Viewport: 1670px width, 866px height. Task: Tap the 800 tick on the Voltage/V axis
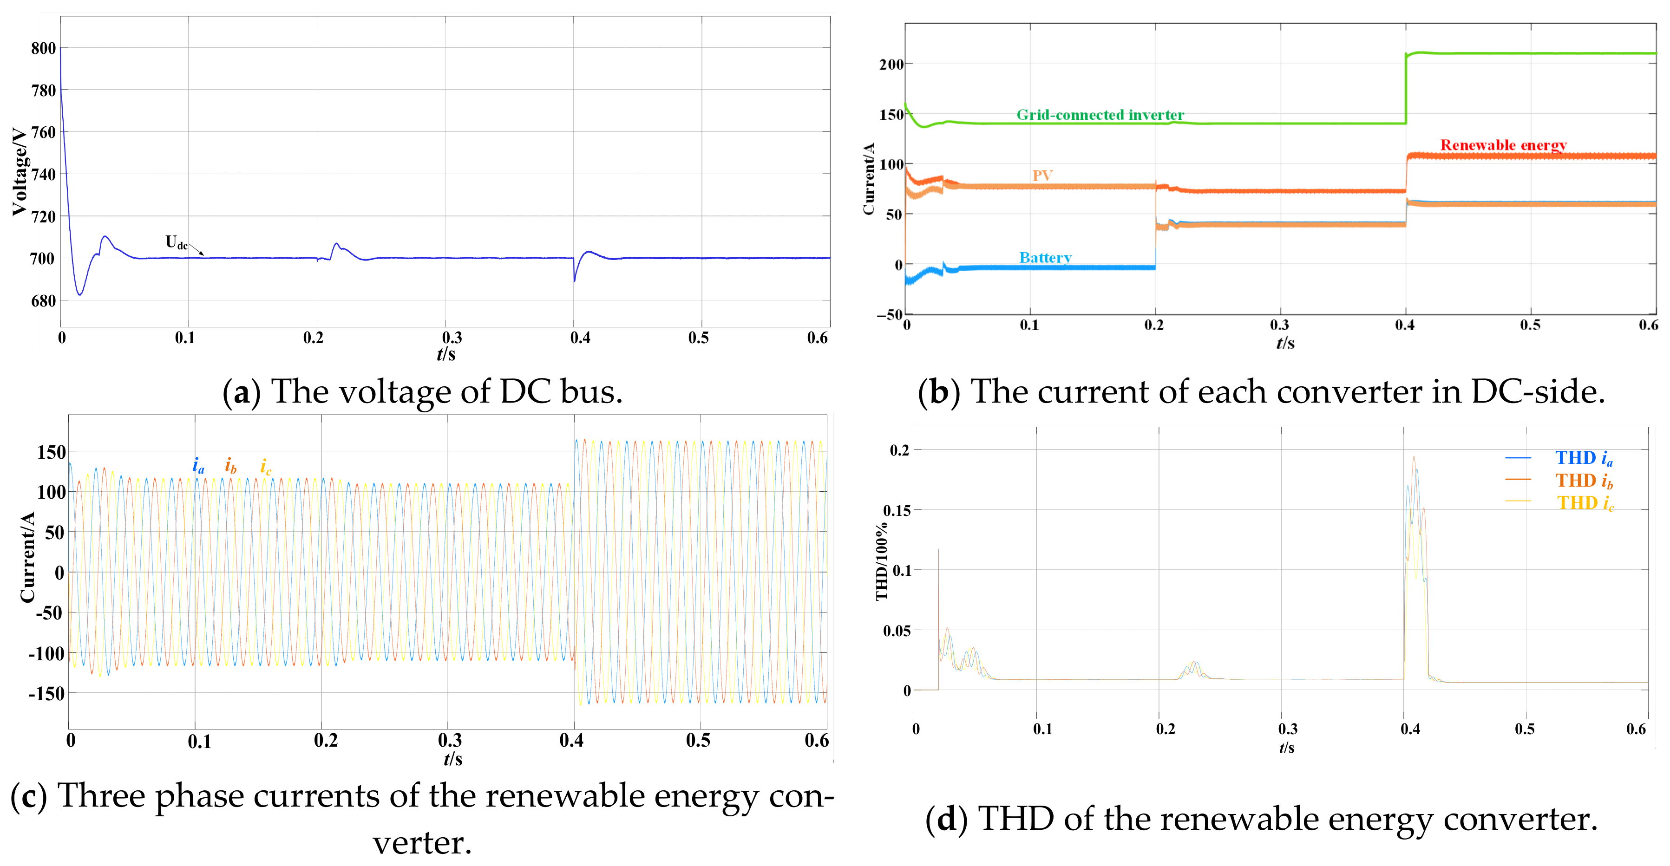pos(44,49)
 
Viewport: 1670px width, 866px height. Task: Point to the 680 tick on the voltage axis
pos(44,301)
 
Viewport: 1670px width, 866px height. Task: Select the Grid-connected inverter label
pos(1100,115)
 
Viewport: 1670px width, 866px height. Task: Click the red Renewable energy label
pos(1503,145)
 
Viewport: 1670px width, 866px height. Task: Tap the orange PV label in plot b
pos(1042,176)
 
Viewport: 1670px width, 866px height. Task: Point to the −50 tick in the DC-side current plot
pos(890,315)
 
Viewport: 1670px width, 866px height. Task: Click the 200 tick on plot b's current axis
pos(891,64)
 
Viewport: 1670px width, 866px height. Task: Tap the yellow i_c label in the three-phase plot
pos(266,467)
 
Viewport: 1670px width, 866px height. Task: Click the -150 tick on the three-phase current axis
pos(46,694)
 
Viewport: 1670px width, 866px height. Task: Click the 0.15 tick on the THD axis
pos(897,510)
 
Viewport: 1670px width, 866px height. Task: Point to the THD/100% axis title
pos(882,561)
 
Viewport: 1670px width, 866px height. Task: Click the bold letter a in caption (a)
pos(241,393)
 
